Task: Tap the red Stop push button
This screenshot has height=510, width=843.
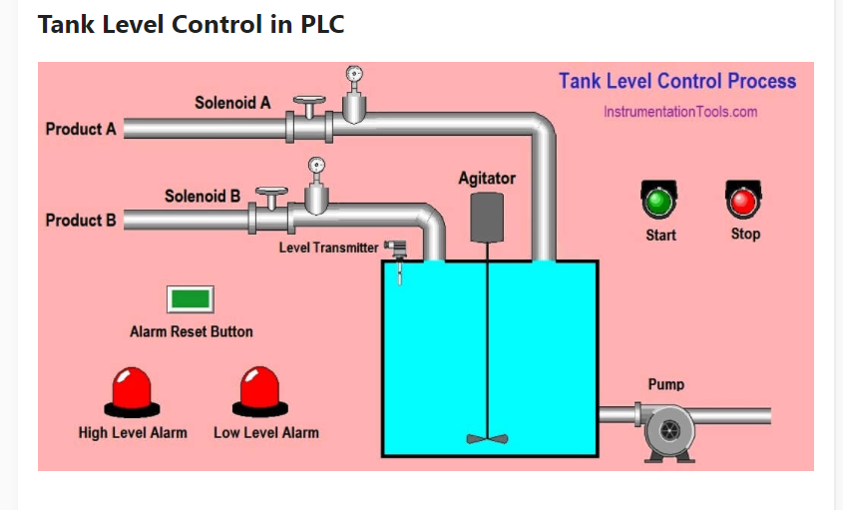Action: coord(743,203)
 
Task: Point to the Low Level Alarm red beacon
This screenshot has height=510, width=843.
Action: coord(260,391)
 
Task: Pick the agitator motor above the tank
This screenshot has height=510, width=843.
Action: coord(486,216)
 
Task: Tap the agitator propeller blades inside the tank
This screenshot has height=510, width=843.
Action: coord(486,437)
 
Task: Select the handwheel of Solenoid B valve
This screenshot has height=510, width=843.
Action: coord(270,190)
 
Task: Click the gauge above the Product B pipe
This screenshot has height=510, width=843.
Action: coord(316,166)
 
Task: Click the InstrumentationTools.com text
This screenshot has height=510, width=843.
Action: coord(679,112)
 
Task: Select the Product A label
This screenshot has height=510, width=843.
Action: coord(81,129)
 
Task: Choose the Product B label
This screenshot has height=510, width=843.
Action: coord(81,220)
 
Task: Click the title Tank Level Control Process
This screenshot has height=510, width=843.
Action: coord(676,82)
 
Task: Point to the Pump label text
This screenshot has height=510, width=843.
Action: coord(665,384)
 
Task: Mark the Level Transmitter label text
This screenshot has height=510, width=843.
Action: coord(328,248)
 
